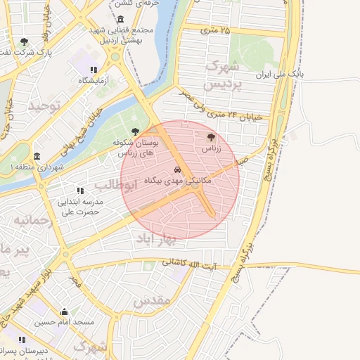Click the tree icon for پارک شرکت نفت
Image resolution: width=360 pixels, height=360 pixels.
[x=25, y=41]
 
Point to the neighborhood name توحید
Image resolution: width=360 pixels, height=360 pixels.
[x=45, y=106]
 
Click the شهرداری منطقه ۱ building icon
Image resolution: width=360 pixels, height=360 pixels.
[x=37, y=156]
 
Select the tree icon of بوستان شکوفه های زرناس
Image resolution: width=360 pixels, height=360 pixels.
[x=135, y=131]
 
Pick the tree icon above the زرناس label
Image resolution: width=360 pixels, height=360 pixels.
[x=211, y=138]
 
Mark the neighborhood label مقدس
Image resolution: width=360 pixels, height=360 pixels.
[x=152, y=301]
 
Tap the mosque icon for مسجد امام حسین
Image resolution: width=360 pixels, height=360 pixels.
[x=65, y=311]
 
